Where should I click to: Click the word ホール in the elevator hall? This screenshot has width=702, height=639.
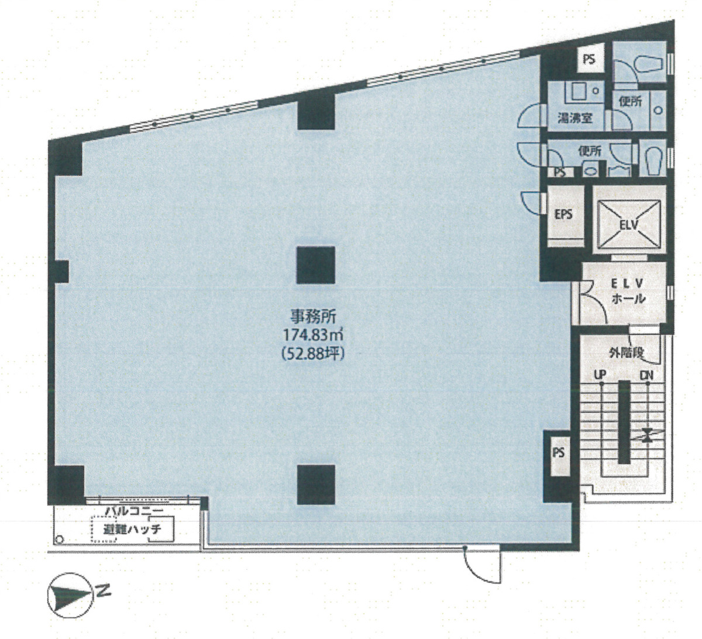(x=628, y=298)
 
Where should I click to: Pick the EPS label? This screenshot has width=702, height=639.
(x=563, y=214)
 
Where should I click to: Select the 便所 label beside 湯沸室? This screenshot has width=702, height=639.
(x=631, y=101)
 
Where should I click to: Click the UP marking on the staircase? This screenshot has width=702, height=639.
(x=600, y=374)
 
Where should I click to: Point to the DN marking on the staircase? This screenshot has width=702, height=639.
(x=646, y=374)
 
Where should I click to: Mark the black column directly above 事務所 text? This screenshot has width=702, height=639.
(x=316, y=264)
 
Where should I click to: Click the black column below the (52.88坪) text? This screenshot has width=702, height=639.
(x=316, y=485)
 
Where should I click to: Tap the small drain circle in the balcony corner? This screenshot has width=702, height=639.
(x=58, y=539)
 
